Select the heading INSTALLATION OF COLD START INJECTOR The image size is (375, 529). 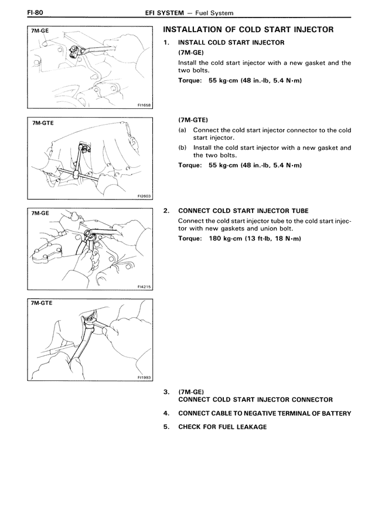pyautogui.click(x=248, y=30)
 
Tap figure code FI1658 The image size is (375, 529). pyautogui.click(x=144, y=105)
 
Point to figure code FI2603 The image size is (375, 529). pyautogui.click(x=144, y=197)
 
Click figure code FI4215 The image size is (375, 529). pyautogui.click(x=144, y=287)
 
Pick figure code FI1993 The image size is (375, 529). pyautogui.click(x=144, y=377)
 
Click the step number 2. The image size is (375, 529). pyautogui.click(x=166, y=211)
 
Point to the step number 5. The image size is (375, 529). pyautogui.click(x=166, y=427)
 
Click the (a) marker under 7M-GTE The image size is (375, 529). pyautogui.click(x=182, y=130)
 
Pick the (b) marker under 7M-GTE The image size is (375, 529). pyautogui.click(x=182, y=148)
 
